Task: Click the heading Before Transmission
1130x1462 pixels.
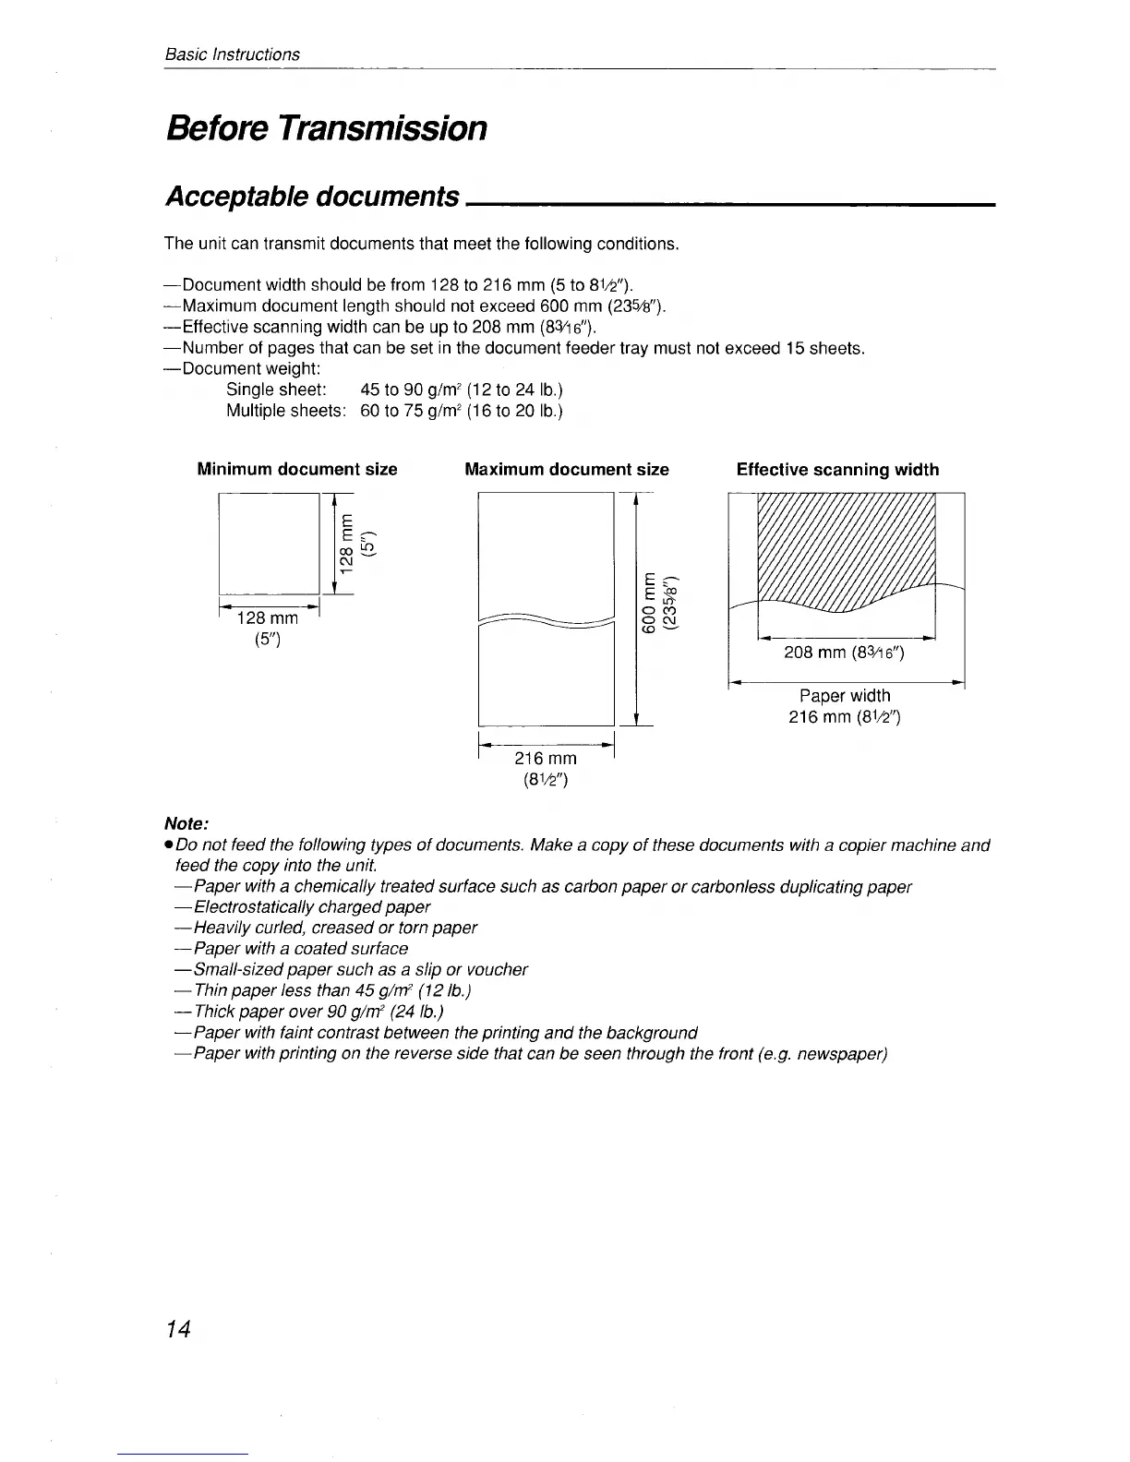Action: [x=326, y=127]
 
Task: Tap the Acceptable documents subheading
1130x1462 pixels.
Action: [x=312, y=197]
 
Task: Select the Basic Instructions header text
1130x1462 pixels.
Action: [x=232, y=54]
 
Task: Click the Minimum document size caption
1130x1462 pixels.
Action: [x=297, y=470]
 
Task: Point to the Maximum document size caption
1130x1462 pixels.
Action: [x=567, y=470]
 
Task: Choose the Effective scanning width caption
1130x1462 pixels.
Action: [x=837, y=470]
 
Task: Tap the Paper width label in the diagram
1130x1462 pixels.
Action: [x=845, y=696]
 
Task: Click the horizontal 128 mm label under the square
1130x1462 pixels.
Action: [x=268, y=618]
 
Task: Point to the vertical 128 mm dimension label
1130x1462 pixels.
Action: [x=345, y=545]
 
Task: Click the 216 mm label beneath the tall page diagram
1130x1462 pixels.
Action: [x=545, y=758]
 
